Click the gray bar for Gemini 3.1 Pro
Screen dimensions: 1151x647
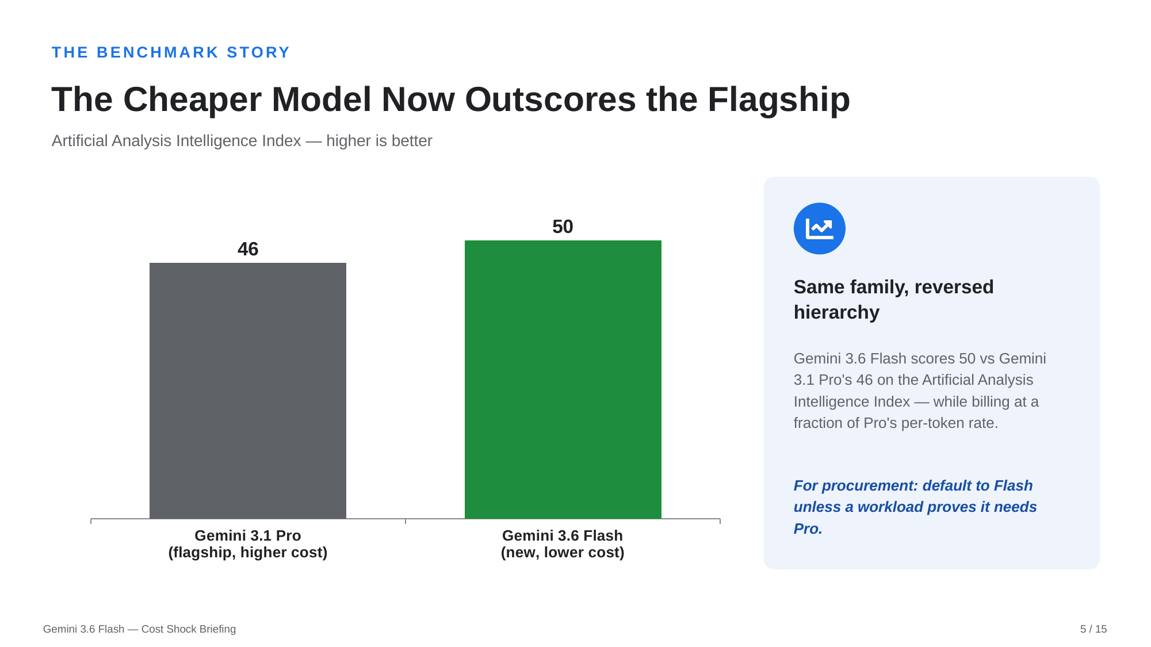click(x=248, y=391)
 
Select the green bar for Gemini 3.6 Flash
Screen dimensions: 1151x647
click(x=563, y=380)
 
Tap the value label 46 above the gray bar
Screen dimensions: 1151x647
click(x=248, y=249)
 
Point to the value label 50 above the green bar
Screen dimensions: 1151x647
click(x=563, y=227)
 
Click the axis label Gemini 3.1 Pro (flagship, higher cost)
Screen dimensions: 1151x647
click(x=248, y=544)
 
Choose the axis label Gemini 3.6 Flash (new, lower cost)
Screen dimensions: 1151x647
click(x=563, y=544)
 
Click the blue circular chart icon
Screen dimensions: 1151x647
click(x=820, y=228)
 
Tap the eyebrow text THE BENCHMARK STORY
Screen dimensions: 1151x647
click(x=171, y=52)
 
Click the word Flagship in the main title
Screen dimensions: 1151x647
click(x=779, y=99)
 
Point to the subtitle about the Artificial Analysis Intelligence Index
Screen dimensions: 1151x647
click(x=242, y=141)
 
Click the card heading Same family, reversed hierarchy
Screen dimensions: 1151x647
click(x=894, y=300)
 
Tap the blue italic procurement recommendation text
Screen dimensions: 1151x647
click(x=915, y=507)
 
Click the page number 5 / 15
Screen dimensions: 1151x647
click(x=1093, y=629)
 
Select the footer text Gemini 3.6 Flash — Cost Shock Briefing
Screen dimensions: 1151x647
click(x=140, y=629)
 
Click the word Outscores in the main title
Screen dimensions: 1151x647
click(x=550, y=99)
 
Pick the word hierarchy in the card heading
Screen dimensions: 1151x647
click(x=837, y=312)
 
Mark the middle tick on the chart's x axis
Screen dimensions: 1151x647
click(x=406, y=521)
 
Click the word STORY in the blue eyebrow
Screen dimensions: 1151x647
click(x=258, y=52)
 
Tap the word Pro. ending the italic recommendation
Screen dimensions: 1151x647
click(x=808, y=529)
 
